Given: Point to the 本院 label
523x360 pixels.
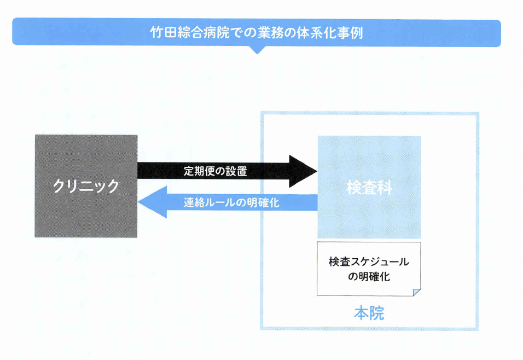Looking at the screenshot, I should [x=369, y=313].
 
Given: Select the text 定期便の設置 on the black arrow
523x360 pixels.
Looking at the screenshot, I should [x=215, y=171].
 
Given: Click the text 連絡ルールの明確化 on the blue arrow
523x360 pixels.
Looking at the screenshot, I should [x=231, y=202].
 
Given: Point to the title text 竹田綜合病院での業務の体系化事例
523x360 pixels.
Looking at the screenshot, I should [x=257, y=32].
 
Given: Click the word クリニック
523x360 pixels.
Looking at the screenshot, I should [x=86, y=186].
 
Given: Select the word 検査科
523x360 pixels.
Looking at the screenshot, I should [x=369, y=188].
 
